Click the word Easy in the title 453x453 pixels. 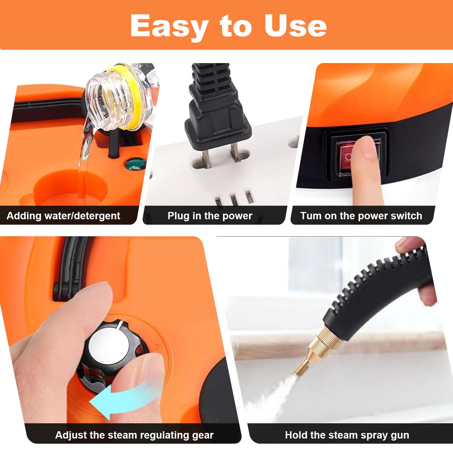[x=169, y=26]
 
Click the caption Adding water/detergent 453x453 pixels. [x=63, y=216]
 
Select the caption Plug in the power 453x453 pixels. [x=210, y=216]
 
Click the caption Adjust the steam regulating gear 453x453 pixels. [x=134, y=435]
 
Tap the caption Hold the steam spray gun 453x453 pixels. [x=347, y=435]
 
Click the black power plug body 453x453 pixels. [x=217, y=119]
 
